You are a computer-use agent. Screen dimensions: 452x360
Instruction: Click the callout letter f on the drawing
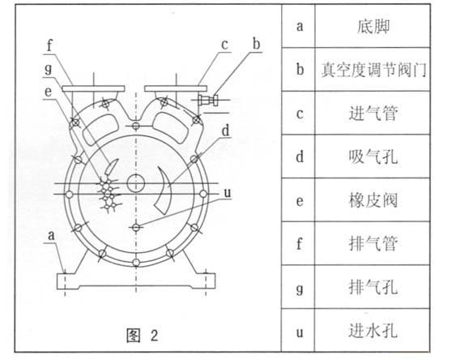50,45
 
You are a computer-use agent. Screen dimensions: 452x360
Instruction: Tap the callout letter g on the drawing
49,70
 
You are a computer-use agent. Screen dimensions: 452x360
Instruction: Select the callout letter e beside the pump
48,92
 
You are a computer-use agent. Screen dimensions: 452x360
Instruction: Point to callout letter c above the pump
225,45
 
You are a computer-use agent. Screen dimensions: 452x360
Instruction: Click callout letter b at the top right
256,44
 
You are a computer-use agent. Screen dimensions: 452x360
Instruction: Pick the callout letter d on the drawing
226,131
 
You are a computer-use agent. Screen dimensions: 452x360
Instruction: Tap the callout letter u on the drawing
228,193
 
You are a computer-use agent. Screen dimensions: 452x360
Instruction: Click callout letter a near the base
51,236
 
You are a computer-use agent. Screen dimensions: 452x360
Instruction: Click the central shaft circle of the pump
136,184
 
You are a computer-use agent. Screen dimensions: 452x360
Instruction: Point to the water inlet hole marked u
136,228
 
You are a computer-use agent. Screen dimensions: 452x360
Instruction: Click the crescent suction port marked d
163,191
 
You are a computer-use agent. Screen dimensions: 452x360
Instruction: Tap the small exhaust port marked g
112,167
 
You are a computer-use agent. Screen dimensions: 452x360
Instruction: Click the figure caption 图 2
143,335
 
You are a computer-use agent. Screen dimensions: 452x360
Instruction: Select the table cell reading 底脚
373,27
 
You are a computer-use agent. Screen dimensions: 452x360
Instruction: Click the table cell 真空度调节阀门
373,70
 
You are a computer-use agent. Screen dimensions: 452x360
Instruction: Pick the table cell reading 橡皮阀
373,200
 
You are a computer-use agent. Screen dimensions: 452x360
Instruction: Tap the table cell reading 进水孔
373,330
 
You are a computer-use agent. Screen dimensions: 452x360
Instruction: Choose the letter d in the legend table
300,156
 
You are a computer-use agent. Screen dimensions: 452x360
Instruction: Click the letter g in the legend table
300,289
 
